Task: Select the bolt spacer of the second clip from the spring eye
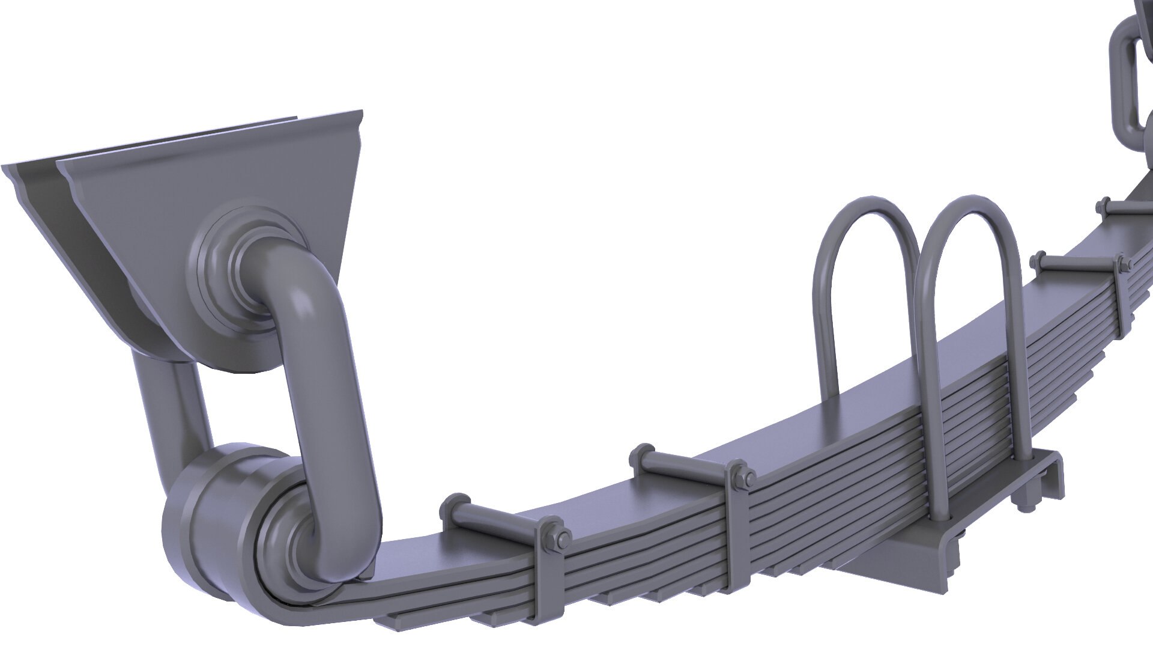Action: click(685, 463)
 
